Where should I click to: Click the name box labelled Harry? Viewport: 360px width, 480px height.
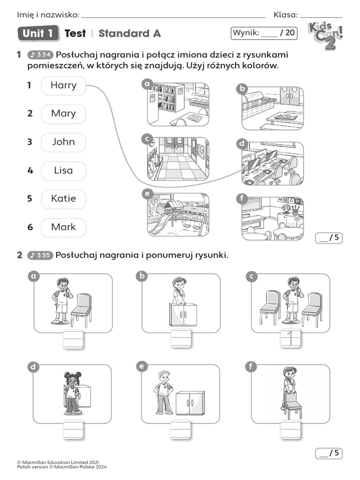(x=63, y=86)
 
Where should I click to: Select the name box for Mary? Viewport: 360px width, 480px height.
(x=63, y=114)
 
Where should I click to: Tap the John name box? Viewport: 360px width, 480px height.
(x=63, y=142)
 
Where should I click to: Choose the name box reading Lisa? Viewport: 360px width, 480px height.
(x=63, y=171)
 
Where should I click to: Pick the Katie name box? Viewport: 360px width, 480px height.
(x=63, y=199)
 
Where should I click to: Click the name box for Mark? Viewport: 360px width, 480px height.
(x=63, y=227)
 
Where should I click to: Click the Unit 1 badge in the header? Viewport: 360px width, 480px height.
(x=38, y=33)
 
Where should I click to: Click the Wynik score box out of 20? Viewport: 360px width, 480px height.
(x=264, y=33)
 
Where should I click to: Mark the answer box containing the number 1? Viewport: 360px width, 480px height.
(x=290, y=338)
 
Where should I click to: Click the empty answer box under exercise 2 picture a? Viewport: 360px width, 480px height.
(x=73, y=339)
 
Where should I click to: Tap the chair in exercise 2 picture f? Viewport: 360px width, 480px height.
(x=292, y=404)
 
